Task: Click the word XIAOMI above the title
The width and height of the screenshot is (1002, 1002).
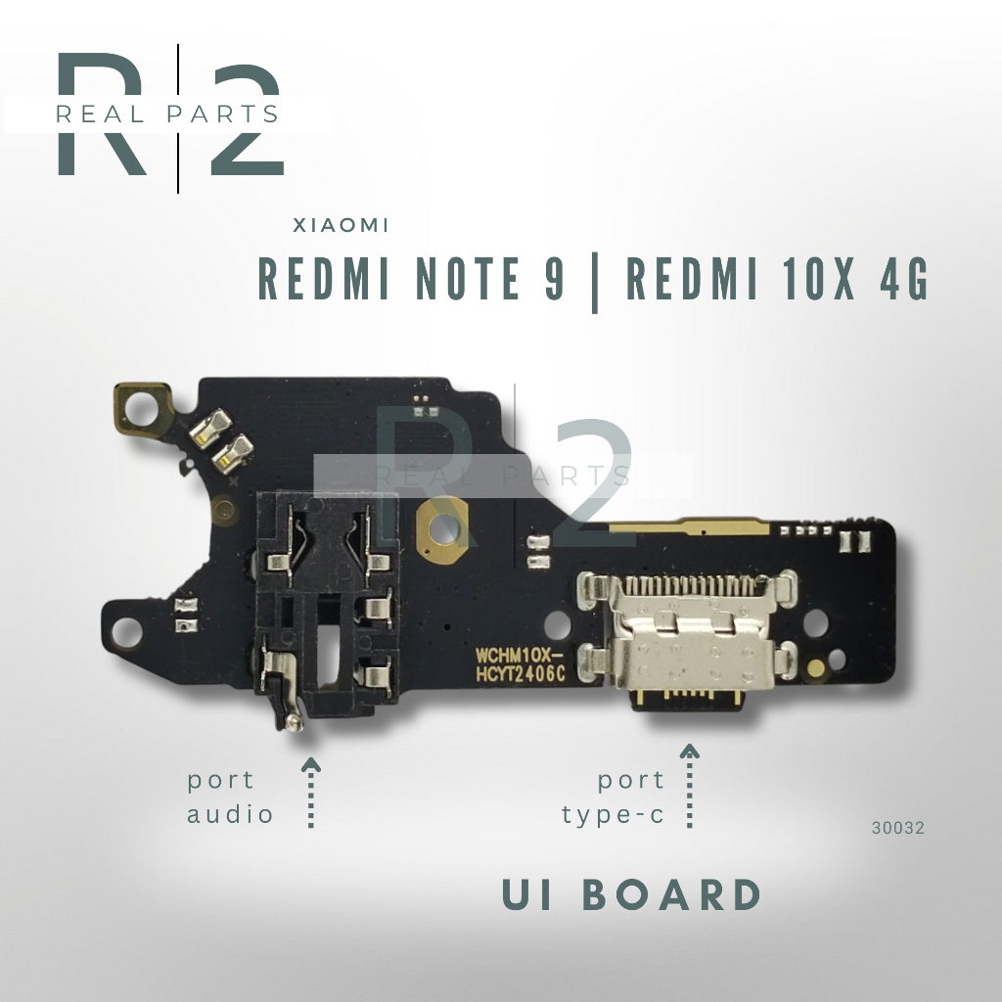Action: (341, 226)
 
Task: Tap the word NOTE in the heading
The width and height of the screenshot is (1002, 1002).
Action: (469, 279)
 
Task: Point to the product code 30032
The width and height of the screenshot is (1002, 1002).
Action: (898, 828)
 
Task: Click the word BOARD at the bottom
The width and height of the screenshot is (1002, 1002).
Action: (671, 894)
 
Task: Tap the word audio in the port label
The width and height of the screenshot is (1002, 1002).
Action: (230, 814)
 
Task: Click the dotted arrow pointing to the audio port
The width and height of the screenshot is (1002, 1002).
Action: (310, 793)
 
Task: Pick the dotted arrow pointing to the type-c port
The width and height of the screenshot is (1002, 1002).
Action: (689, 786)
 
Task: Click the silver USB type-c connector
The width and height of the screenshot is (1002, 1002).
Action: (687, 639)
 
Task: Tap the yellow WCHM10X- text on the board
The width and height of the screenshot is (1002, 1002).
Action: (519, 657)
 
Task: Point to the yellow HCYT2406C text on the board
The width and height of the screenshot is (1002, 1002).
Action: (521, 674)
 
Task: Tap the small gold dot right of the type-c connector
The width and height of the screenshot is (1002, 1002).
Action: (816, 669)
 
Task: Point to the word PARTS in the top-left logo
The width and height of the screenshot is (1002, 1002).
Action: (222, 114)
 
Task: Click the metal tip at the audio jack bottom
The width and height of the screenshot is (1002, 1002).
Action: (294, 721)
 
